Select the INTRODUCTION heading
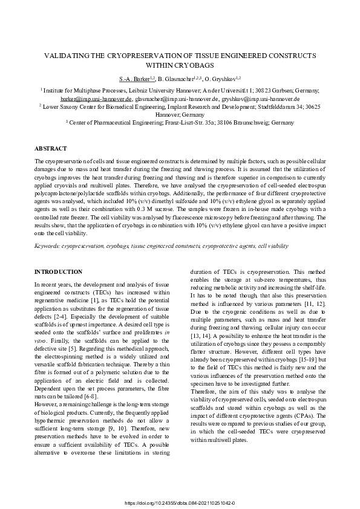pos(59,272)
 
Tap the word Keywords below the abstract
pos(48,246)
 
